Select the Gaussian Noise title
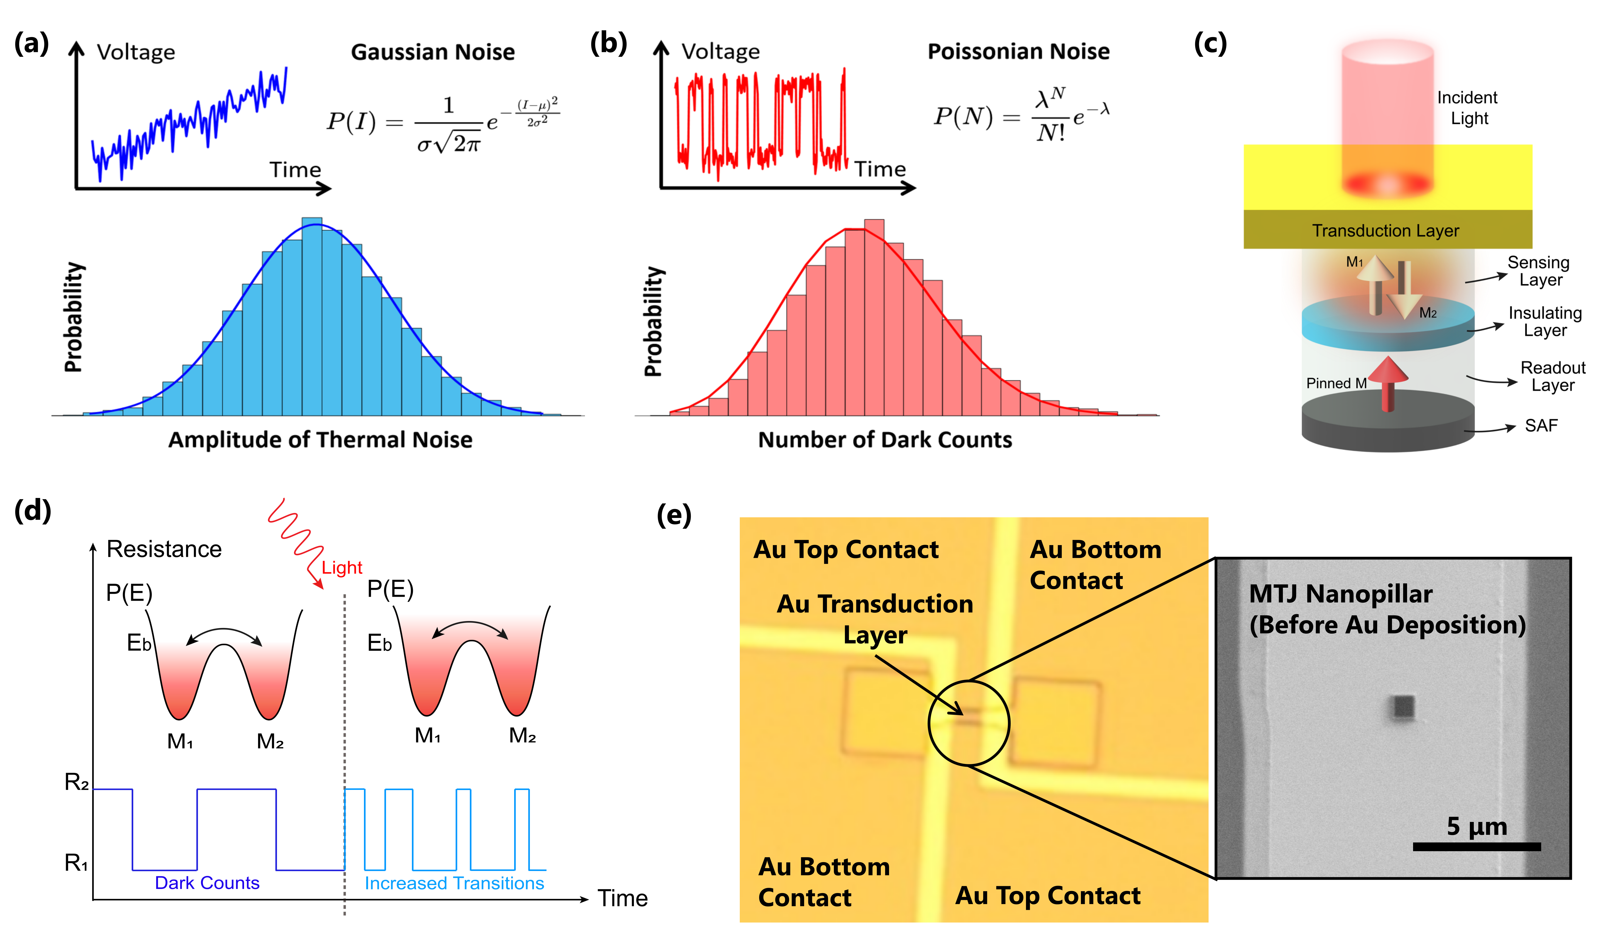[x=433, y=52]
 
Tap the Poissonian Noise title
[x=1018, y=51]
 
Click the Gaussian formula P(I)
[x=443, y=122]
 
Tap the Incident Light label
[x=1467, y=108]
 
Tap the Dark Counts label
[x=207, y=883]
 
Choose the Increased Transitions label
[x=454, y=883]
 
